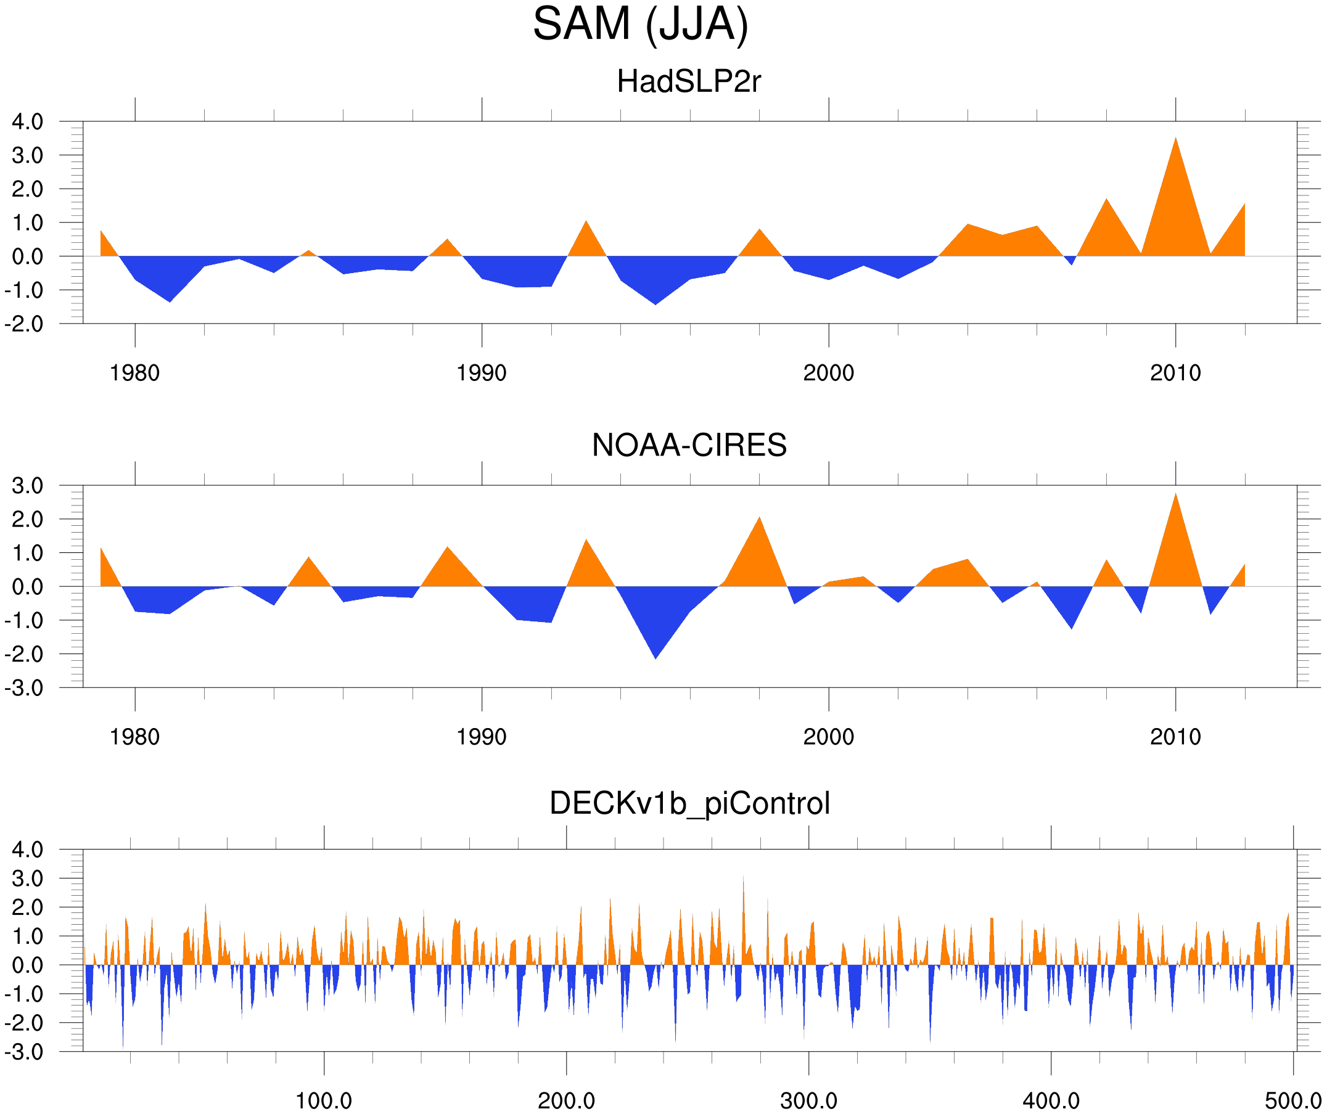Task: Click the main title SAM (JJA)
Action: coord(640,24)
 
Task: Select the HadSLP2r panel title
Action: coord(689,81)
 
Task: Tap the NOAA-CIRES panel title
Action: coord(689,446)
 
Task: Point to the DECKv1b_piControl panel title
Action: coord(689,804)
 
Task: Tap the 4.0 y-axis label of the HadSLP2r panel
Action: coord(28,122)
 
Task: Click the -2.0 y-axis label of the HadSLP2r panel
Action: coord(24,324)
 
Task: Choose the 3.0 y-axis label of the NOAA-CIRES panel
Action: coord(28,486)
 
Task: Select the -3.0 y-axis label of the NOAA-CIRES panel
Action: coord(24,688)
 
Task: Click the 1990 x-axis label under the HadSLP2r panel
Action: coord(482,374)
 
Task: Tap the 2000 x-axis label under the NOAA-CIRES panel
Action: coord(828,737)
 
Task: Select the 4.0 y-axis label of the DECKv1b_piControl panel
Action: coord(28,850)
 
